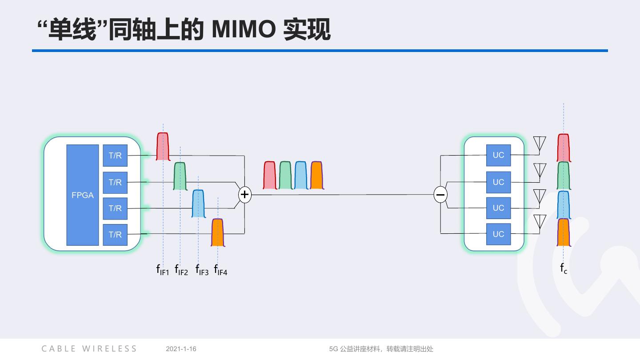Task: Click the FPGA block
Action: (83, 195)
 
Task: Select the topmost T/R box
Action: (115, 156)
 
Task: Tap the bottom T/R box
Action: (115, 234)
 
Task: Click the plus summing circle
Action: (244, 195)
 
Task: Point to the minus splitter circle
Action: (440, 195)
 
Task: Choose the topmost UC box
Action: (498, 155)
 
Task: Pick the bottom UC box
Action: (498, 234)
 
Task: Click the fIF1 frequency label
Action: (163, 270)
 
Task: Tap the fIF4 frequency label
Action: (220, 270)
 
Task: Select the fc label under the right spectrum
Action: (564, 268)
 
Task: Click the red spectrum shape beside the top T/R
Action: (163, 147)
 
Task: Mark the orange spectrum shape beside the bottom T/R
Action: (217, 232)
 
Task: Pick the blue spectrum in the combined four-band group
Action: (301, 176)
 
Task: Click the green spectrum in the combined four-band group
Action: (285, 176)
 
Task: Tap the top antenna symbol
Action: (539, 144)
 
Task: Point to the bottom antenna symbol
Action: (539, 222)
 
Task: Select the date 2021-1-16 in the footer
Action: (181, 349)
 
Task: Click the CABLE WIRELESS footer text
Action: (89, 349)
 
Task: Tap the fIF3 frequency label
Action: (202, 270)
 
